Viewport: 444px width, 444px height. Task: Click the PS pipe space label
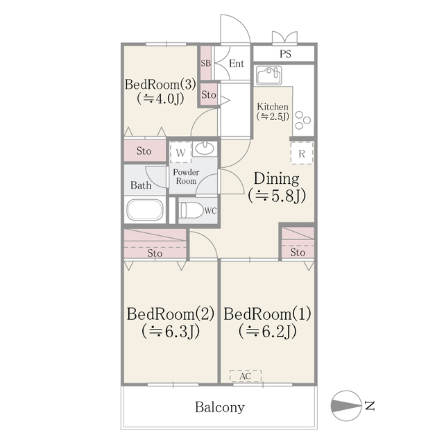285,54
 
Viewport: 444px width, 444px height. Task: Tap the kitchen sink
269,76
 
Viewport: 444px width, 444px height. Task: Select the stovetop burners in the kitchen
302,120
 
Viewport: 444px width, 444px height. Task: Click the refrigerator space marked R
302,153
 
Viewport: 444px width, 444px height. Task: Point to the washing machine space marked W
180,153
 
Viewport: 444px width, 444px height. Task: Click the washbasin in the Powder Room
205,148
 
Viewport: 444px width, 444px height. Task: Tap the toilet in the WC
191,211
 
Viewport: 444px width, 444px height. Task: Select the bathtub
145,210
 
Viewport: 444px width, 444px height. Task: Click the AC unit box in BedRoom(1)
245,376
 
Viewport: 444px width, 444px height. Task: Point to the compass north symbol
346,405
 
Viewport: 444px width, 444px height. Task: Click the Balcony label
220,407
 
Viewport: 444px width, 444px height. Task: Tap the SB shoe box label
206,63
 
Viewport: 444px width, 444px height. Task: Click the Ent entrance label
237,63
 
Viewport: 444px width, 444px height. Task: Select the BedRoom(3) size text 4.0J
160,99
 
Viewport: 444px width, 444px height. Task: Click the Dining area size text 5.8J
277,196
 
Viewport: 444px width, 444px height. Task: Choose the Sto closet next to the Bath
145,151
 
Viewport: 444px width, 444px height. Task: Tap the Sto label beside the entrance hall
209,94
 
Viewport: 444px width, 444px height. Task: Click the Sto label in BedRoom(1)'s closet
298,252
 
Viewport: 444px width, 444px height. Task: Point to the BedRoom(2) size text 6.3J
171,332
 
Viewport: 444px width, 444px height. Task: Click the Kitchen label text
273,107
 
